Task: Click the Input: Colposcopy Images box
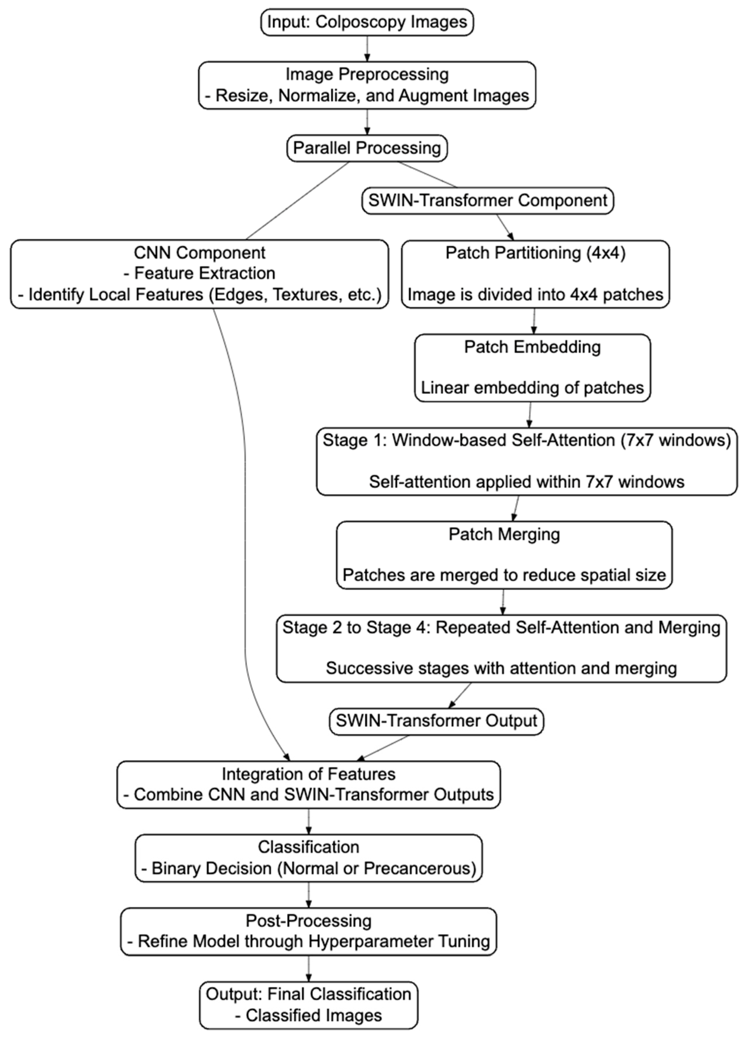pyautogui.click(x=367, y=22)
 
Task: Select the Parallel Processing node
pyautogui.click(x=367, y=148)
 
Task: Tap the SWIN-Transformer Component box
pyautogui.click(x=487, y=200)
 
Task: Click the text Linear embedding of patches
pyautogui.click(x=532, y=388)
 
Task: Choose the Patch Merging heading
pyautogui.click(x=504, y=534)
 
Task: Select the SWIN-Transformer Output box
pyautogui.click(x=436, y=721)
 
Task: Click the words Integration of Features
pyautogui.click(x=308, y=774)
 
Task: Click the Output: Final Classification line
pyautogui.click(x=308, y=994)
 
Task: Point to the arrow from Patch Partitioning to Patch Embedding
pyautogui.click(x=534, y=321)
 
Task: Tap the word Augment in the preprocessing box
pyautogui.click(x=428, y=96)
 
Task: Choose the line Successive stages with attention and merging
pyautogui.click(x=501, y=668)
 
